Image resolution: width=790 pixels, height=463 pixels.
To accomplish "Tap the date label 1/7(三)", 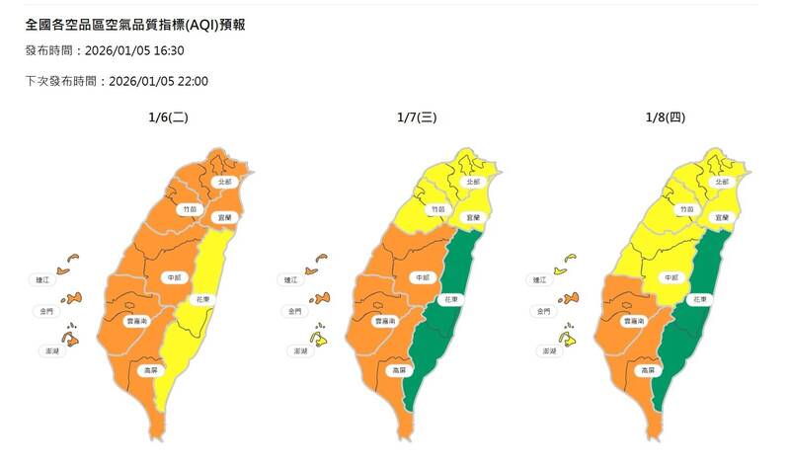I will coord(416,117).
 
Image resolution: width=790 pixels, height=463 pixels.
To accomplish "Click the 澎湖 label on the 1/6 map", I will coord(44,350).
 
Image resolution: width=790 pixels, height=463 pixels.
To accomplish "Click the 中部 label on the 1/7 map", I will coord(423,278).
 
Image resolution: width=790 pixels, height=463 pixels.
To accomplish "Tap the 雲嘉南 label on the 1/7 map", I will coord(385,322).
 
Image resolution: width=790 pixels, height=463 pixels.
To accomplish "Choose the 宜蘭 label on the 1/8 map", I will coord(720,217).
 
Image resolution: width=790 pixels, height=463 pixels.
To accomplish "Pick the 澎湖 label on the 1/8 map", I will coord(543,350).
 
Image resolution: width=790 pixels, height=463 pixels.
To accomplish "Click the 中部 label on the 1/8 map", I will coord(669,278).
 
